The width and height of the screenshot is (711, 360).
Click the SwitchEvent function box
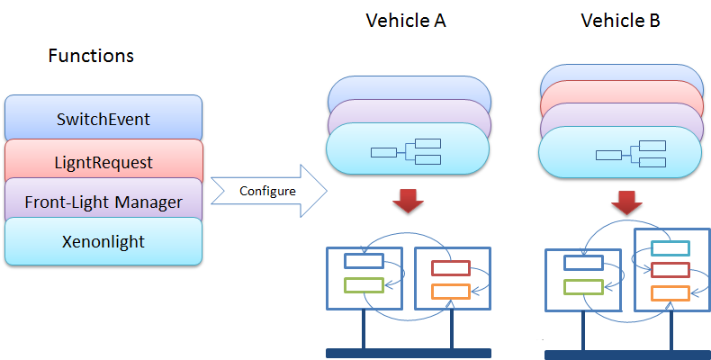pyautogui.click(x=103, y=118)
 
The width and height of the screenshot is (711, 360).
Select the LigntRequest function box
pyautogui.click(x=103, y=161)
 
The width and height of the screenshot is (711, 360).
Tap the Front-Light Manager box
pyautogui.click(x=103, y=201)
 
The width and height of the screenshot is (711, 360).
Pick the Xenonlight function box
pyautogui.click(x=103, y=241)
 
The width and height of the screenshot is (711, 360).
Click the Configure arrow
pyautogui.click(x=269, y=191)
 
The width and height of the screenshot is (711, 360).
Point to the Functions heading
pyautogui.click(x=91, y=56)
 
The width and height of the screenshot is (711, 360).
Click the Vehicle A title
pyautogui.click(x=406, y=21)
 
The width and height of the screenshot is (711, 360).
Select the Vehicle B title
pyautogui.click(x=620, y=21)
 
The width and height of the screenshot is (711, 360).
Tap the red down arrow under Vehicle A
pyautogui.click(x=408, y=200)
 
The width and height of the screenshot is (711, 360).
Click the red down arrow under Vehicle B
pyautogui.click(x=627, y=202)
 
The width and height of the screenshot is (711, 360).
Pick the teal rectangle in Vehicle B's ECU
pyautogui.click(x=670, y=248)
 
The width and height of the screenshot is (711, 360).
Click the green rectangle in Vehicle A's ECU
pyautogui.click(x=364, y=285)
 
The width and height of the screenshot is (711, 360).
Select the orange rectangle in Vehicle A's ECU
pyautogui.click(x=451, y=292)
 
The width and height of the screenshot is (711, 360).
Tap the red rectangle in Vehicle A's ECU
pyautogui.click(x=451, y=268)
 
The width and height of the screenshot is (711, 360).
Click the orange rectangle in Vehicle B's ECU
pyautogui.click(x=670, y=293)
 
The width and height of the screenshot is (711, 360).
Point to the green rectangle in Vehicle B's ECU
pyautogui.click(x=583, y=287)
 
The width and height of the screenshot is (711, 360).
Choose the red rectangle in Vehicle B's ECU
pyautogui.click(x=670, y=270)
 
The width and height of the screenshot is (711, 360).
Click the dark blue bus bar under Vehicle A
pyautogui.click(x=409, y=353)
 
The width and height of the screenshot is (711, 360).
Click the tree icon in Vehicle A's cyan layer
pyautogui.click(x=406, y=152)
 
